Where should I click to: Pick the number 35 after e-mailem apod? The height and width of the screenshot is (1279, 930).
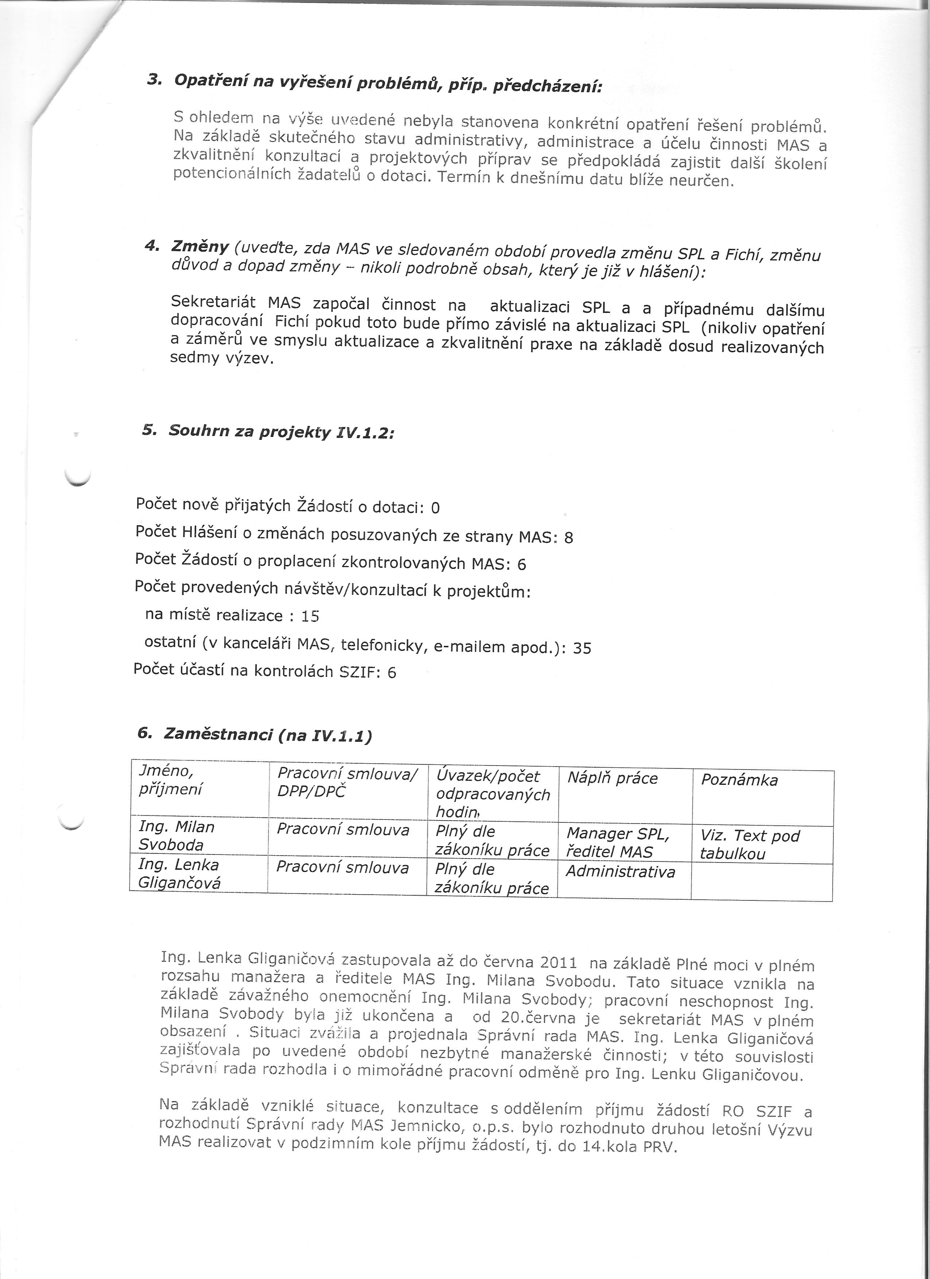(x=581, y=648)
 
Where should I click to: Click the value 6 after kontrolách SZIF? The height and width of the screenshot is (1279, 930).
(x=391, y=673)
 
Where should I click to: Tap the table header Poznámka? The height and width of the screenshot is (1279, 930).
(x=739, y=780)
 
